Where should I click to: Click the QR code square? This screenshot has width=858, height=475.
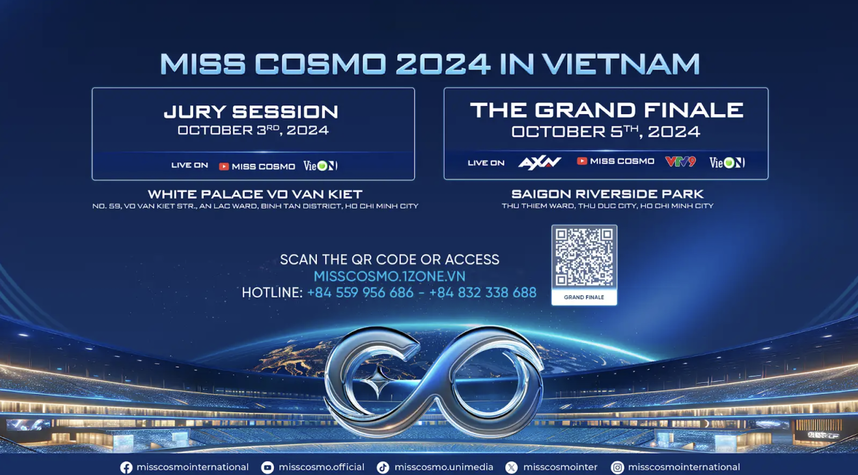pyautogui.click(x=584, y=257)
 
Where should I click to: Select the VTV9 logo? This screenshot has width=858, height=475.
pyautogui.click(x=681, y=162)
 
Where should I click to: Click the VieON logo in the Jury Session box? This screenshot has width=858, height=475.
pyautogui.click(x=320, y=166)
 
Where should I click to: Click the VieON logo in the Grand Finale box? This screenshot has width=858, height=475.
pyautogui.click(x=727, y=162)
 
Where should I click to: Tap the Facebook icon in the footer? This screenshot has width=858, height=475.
pyautogui.click(x=126, y=468)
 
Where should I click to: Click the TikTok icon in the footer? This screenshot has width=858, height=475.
pyautogui.click(x=383, y=468)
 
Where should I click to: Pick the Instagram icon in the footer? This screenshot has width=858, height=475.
pyautogui.click(x=617, y=468)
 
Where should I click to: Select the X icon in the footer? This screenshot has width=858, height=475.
pyautogui.click(x=511, y=468)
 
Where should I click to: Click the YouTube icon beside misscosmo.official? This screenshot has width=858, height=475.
pyautogui.click(x=267, y=468)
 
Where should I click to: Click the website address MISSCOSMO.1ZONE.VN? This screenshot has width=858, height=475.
pyautogui.click(x=389, y=276)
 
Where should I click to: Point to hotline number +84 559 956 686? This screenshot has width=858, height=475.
pyautogui.click(x=360, y=293)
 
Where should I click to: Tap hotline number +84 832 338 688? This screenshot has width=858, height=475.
pyautogui.click(x=483, y=293)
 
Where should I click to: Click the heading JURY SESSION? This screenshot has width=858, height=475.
pyautogui.click(x=251, y=112)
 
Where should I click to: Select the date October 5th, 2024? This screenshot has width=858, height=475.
pyautogui.click(x=606, y=132)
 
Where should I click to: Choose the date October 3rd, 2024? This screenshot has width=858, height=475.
pyautogui.click(x=253, y=130)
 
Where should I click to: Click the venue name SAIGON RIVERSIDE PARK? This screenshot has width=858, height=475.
pyautogui.click(x=607, y=194)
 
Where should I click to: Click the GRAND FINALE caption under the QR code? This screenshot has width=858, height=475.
pyautogui.click(x=584, y=297)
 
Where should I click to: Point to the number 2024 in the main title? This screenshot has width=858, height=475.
pyautogui.click(x=443, y=64)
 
